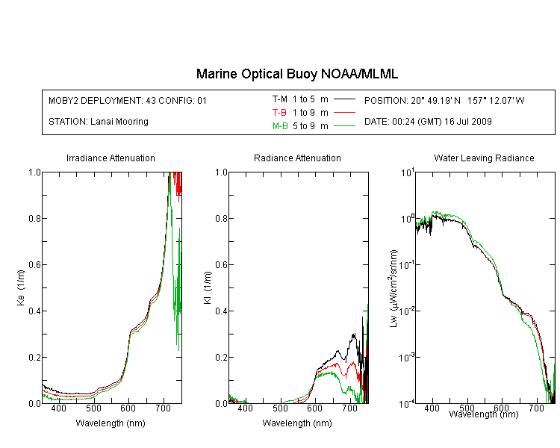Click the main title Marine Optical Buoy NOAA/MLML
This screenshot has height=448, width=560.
296,74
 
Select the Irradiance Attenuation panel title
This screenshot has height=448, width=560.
111,158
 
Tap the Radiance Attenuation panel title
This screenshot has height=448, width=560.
297,158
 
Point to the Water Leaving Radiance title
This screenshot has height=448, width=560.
484,158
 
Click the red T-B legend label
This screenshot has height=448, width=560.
280,113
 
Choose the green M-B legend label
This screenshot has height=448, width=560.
280,126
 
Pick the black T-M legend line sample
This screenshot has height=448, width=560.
344,99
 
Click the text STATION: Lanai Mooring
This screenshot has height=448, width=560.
99,122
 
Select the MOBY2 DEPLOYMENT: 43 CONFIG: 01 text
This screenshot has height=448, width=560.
128,100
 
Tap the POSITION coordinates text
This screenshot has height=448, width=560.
444,100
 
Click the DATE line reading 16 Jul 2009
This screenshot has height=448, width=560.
428,122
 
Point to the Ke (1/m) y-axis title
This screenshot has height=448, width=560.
21,287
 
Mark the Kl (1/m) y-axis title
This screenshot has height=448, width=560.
208,287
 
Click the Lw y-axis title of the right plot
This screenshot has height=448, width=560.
393,288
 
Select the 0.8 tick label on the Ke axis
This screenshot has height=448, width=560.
34,218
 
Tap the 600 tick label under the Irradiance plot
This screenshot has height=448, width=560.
128,408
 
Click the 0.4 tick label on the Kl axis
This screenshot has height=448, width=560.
222,311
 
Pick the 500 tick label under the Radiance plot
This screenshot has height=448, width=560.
280,408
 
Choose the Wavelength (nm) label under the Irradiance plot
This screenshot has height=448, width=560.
111,423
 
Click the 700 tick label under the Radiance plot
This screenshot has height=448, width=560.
350,408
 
